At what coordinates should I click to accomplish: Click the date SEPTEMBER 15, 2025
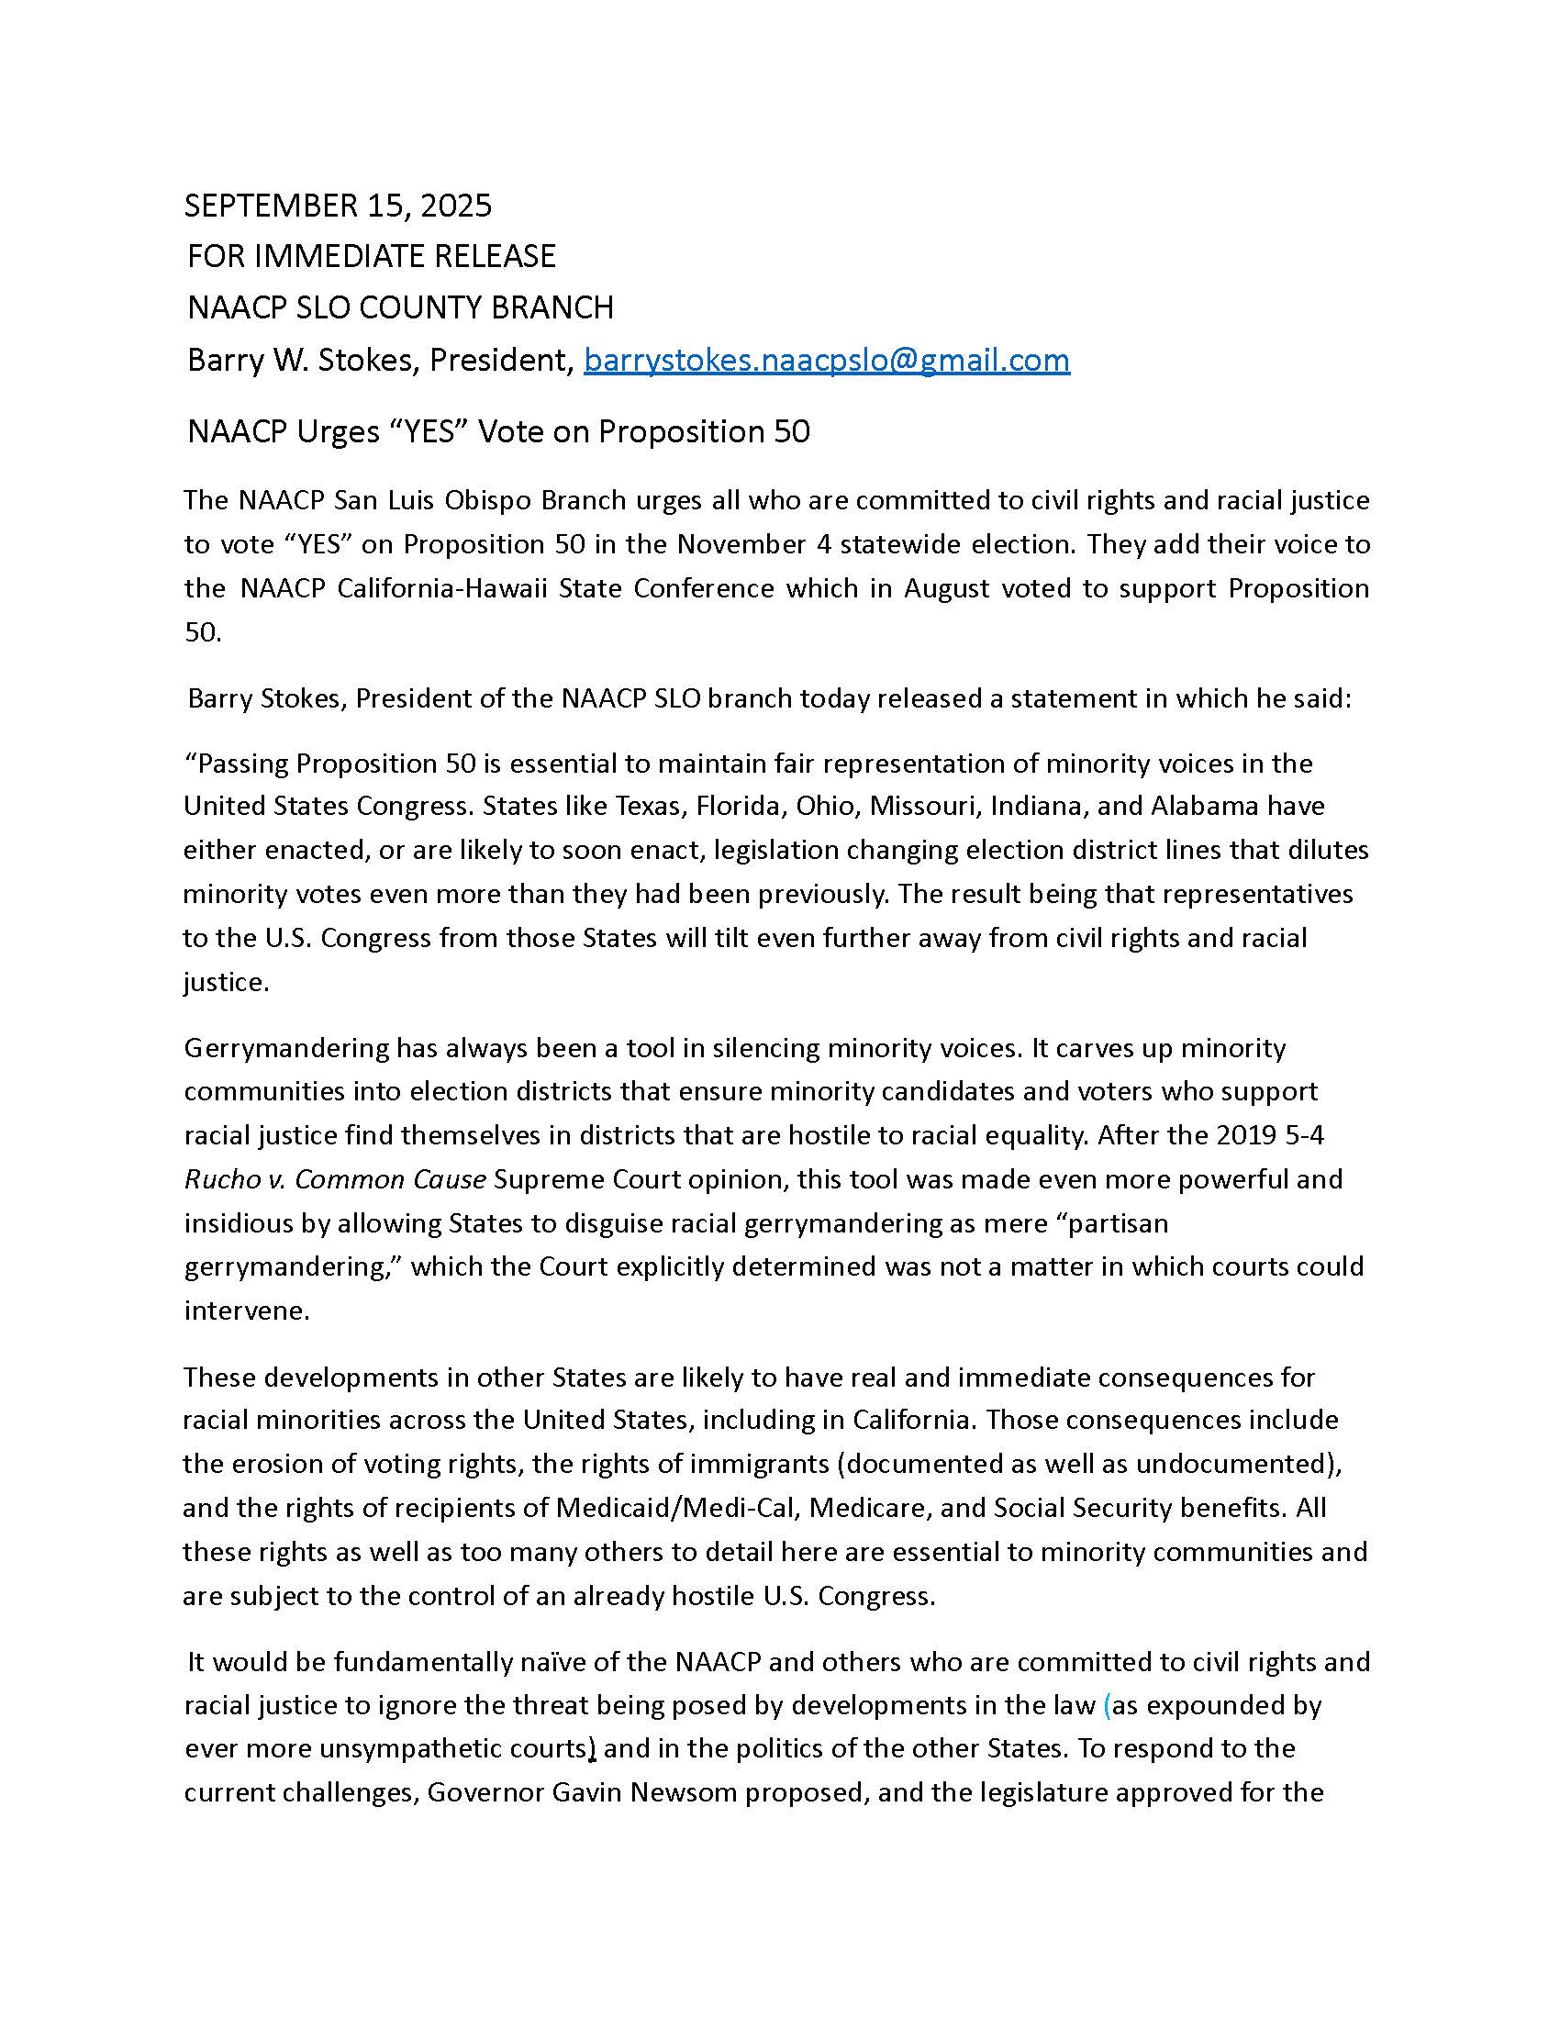(x=338, y=206)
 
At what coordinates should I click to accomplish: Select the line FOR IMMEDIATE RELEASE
(x=372, y=256)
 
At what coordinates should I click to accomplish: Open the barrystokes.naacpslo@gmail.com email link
(x=826, y=360)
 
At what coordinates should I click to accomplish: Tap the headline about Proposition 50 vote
(x=498, y=431)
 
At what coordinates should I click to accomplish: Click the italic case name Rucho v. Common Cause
(x=335, y=1179)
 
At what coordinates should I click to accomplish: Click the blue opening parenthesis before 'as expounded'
(x=1108, y=1706)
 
